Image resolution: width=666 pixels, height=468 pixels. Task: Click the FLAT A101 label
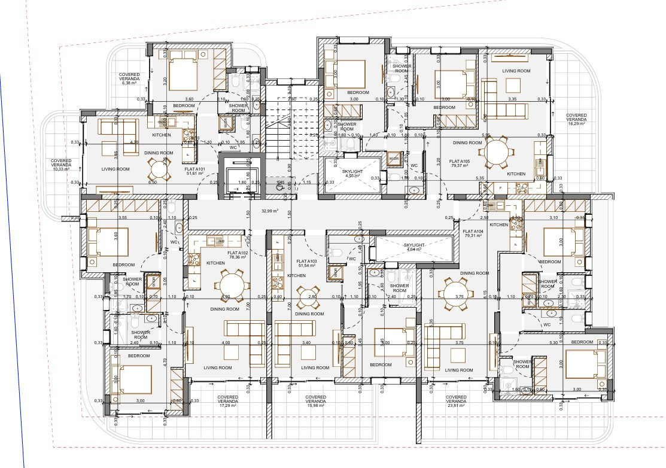click(x=196, y=170)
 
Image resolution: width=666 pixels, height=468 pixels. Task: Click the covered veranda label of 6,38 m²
click(x=129, y=78)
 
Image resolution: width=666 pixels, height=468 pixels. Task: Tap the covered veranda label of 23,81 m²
click(x=456, y=400)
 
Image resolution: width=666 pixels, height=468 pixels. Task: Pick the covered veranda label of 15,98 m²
click(x=315, y=400)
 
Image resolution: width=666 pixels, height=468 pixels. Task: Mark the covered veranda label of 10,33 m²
click(x=62, y=165)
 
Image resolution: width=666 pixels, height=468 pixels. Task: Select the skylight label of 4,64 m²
click(x=413, y=247)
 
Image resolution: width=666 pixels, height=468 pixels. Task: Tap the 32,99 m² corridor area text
click(x=270, y=211)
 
